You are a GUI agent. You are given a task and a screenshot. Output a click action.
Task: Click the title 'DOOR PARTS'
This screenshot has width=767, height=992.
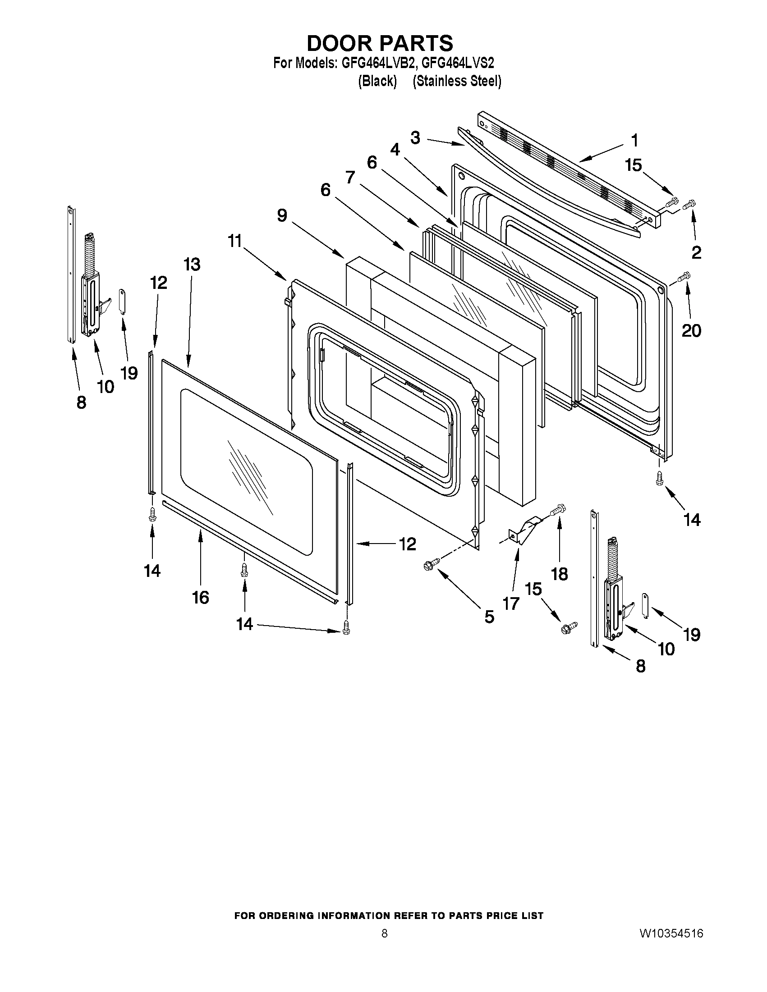pyautogui.click(x=380, y=44)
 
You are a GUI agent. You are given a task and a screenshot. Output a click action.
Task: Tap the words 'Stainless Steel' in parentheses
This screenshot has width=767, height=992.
pyautogui.click(x=457, y=81)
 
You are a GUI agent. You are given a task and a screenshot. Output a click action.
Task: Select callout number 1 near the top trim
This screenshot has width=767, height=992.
pyautogui.click(x=635, y=140)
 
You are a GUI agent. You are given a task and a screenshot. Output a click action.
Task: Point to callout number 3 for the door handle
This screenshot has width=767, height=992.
pyautogui.click(x=415, y=137)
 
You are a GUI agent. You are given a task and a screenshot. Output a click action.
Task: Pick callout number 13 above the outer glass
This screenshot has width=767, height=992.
pyautogui.click(x=192, y=264)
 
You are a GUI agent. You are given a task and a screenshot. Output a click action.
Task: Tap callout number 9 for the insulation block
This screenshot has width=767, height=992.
pyautogui.click(x=282, y=215)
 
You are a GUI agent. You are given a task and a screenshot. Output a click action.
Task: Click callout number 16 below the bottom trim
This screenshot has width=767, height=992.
pyautogui.click(x=200, y=597)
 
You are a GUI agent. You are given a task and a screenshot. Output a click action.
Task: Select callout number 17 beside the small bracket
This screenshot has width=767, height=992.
pyautogui.click(x=511, y=603)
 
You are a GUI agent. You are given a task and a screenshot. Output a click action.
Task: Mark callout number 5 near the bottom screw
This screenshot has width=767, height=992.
pyautogui.click(x=489, y=617)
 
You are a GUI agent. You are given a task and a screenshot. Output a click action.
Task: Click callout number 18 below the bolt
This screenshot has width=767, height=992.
pyautogui.click(x=559, y=574)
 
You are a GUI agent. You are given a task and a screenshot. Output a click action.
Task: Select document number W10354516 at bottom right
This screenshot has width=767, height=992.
pyautogui.click(x=671, y=934)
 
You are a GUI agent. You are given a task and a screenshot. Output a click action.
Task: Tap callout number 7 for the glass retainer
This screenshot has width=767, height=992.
pyautogui.click(x=350, y=178)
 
